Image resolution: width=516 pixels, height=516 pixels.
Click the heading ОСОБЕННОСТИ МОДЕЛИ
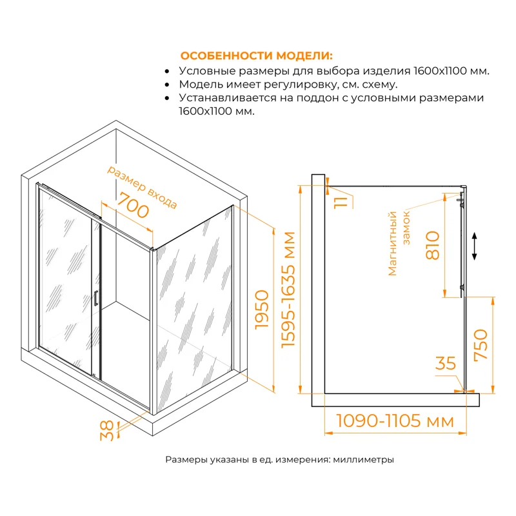tap(257, 55)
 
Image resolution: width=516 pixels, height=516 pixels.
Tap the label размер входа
tap(142, 186)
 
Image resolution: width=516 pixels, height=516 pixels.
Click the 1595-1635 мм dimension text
tap(289, 290)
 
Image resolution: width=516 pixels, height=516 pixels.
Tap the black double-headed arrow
tap(475, 246)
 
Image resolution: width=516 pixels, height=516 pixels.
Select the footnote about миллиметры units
tap(279, 460)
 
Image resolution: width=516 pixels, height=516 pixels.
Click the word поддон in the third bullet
tap(308, 98)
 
